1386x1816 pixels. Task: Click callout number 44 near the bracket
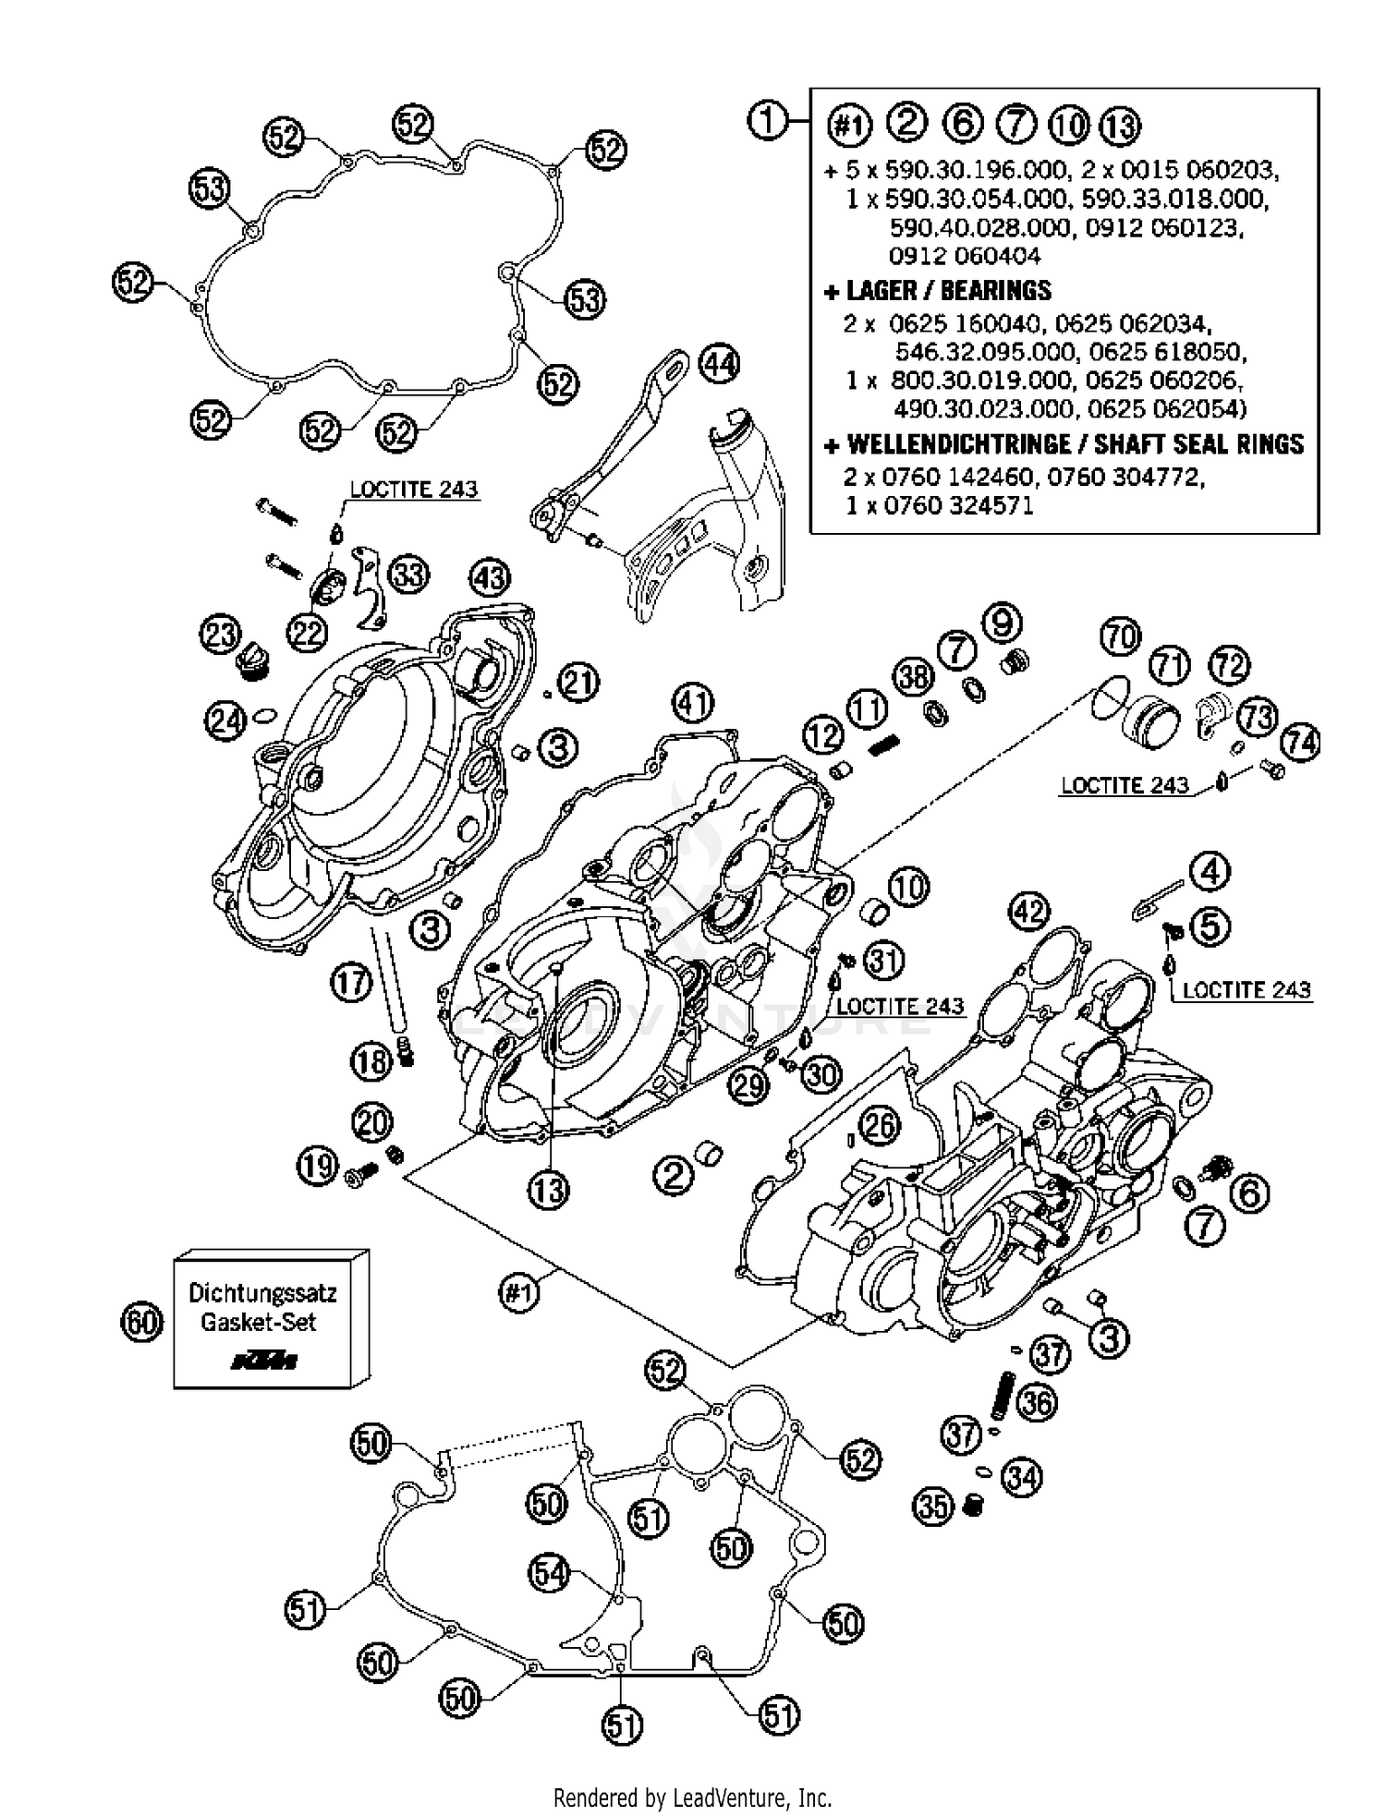(x=719, y=364)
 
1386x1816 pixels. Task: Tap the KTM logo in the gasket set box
(x=263, y=1360)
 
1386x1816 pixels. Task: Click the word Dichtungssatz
(x=262, y=1292)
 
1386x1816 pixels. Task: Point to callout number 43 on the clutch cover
(x=490, y=579)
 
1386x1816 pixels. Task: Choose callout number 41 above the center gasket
(x=693, y=704)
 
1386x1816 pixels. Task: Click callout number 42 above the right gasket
(x=1028, y=912)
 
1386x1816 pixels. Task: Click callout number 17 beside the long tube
(x=351, y=983)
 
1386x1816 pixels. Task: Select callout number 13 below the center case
(x=548, y=1190)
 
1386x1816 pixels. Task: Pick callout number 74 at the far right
(x=1301, y=742)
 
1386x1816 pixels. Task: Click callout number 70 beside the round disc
(x=1121, y=637)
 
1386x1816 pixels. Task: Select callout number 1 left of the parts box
(x=768, y=121)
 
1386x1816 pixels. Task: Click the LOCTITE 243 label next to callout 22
(x=413, y=489)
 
